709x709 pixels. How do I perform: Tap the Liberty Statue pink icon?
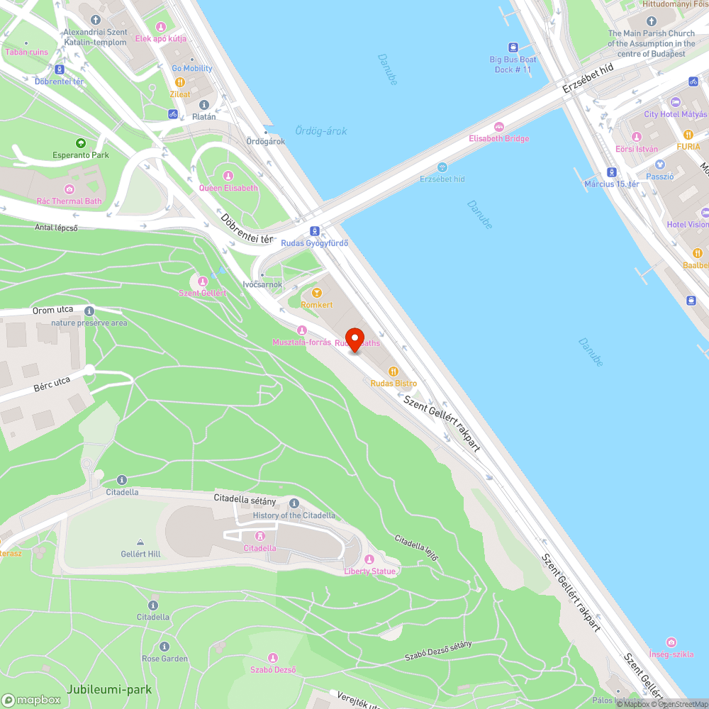(369, 559)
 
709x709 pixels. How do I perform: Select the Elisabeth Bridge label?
(498, 138)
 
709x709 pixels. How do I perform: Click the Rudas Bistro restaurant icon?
(393, 371)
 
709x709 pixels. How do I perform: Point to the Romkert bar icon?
(317, 292)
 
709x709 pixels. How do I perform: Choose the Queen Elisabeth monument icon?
(228, 176)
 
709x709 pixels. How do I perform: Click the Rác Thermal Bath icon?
(69, 189)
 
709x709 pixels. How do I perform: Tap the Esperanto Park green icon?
(80, 143)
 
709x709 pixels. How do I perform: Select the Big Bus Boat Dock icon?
(513, 47)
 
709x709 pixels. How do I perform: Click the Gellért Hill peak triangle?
(140, 542)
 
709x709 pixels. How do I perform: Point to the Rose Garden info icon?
(164, 647)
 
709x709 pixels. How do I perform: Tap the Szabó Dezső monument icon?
(273, 658)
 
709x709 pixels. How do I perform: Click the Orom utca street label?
(52, 311)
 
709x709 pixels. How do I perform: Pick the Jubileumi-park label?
(109, 689)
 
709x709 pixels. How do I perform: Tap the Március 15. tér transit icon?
(611, 172)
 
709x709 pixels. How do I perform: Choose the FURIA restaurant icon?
(688, 135)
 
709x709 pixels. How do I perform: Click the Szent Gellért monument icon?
(203, 281)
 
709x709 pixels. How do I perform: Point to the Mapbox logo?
(31, 700)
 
